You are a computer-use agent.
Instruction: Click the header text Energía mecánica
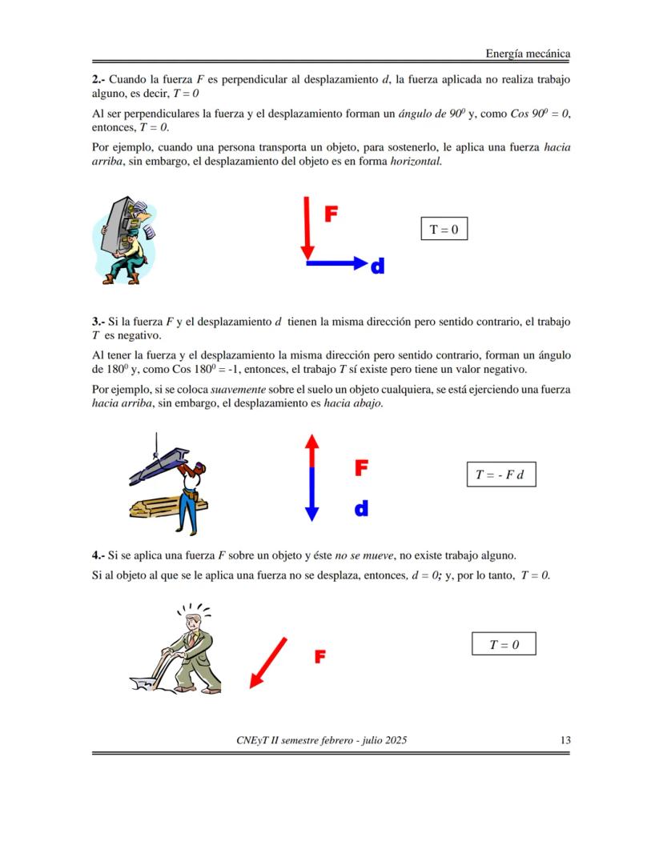pos(528,54)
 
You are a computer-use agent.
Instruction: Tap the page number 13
pos(565,740)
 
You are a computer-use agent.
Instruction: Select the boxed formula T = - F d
pos(500,475)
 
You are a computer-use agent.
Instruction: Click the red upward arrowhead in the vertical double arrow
pos(312,441)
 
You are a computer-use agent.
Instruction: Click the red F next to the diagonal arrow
pos(319,657)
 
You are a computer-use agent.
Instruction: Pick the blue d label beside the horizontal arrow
pos(377,266)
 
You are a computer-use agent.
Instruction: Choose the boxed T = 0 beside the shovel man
pos(504,644)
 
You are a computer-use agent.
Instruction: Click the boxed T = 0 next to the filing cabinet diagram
pos(444,229)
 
